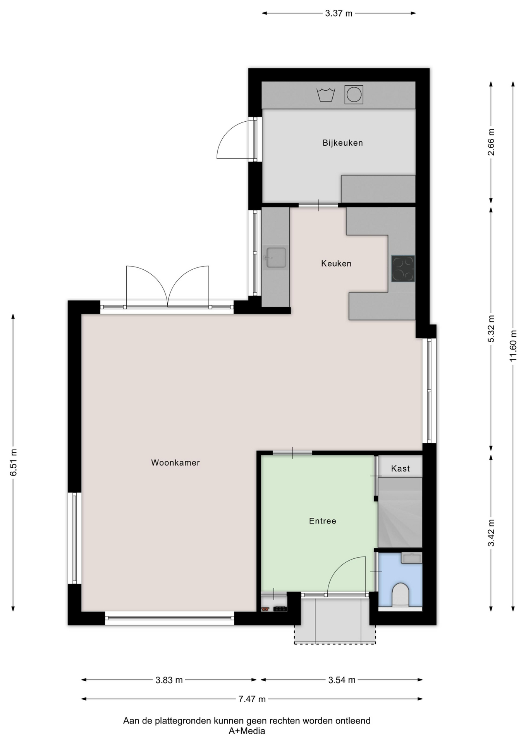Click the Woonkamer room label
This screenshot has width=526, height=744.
coord(175,462)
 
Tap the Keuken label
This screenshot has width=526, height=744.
coord(336,263)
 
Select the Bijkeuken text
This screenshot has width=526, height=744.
coord(343,143)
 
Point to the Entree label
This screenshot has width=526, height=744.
coord(323,521)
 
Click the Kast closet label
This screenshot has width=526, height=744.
coord(401,468)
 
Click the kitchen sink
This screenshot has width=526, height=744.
coord(276,258)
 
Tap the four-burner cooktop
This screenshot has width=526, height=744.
coord(403,268)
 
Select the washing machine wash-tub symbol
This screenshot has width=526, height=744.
coord(326,95)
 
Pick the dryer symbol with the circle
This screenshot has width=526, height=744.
coord(354,95)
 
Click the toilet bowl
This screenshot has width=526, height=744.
coord(401,595)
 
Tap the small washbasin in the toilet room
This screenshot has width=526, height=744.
coord(411,558)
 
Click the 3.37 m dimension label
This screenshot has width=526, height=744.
coord(339,14)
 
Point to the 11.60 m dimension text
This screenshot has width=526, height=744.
coord(513,346)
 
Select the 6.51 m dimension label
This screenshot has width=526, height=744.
coord(14,463)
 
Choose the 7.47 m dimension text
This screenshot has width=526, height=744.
coord(252,699)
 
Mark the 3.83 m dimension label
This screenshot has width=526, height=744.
coord(169,680)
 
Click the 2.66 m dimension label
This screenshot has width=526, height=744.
coord(491,142)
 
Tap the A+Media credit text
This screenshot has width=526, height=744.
coord(247,731)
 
